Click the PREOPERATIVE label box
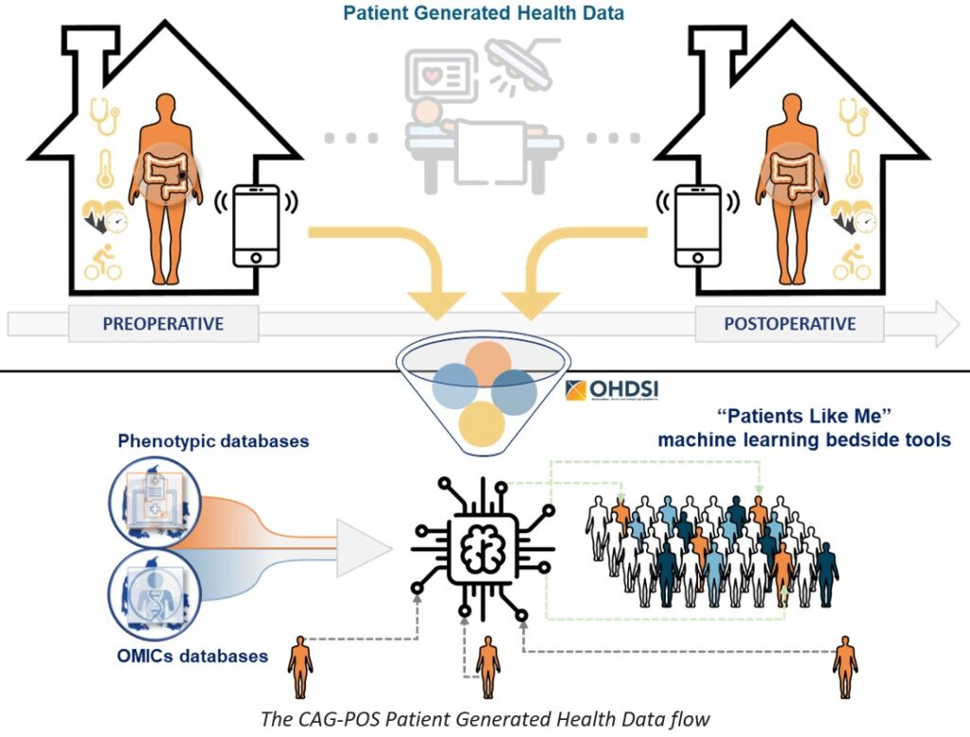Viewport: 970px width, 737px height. pyautogui.click(x=163, y=324)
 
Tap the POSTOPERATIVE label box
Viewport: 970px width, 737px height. pyautogui.click(x=789, y=324)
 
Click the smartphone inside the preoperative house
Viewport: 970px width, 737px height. pyautogui.click(x=256, y=225)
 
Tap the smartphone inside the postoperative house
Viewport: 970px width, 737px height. pyautogui.click(x=698, y=225)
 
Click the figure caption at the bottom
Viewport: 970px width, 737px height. pyautogui.click(x=484, y=717)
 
